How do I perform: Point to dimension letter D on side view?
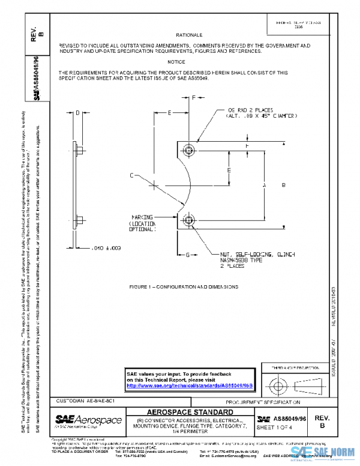pyautogui.click(x=78, y=112)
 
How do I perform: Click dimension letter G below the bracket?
pyautogui.click(x=187, y=255)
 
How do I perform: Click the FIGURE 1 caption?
pyautogui.click(x=184, y=287)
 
